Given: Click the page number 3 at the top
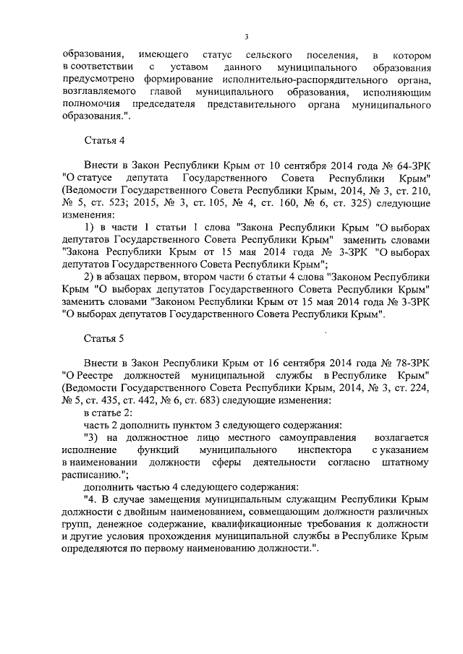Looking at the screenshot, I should [247, 37].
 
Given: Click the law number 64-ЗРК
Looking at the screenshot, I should [412, 165].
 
